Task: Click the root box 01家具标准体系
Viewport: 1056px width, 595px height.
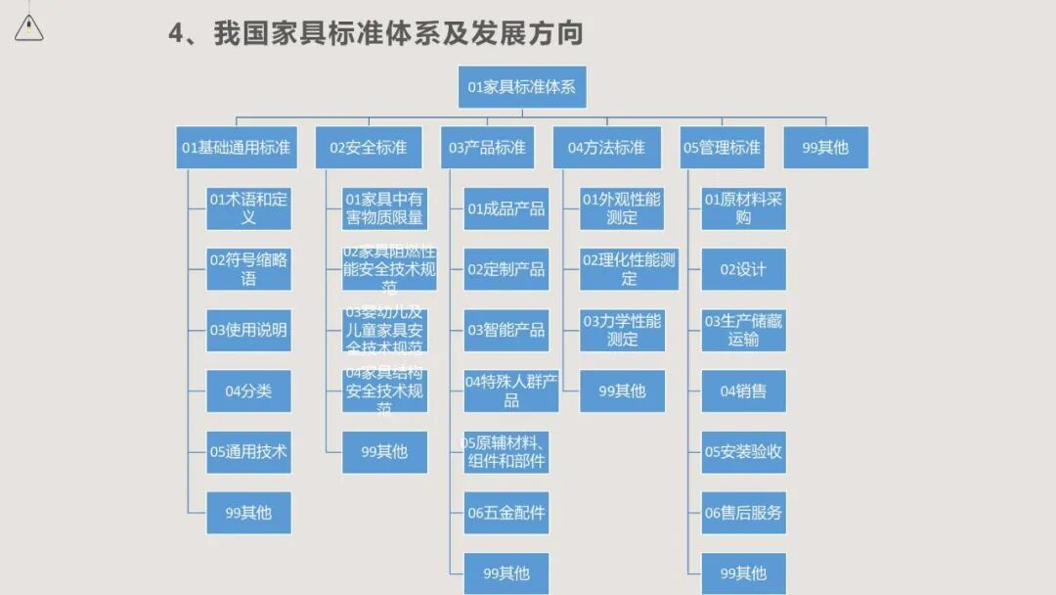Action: click(x=522, y=87)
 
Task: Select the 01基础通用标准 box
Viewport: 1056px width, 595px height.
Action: click(x=236, y=148)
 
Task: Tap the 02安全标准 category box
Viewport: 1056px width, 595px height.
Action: click(x=368, y=148)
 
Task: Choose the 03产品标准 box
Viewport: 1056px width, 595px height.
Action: click(x=487, y=148)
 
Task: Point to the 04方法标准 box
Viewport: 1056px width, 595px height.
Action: click(x=606, y=148)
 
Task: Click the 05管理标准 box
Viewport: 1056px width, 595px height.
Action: click(x=722, y=148)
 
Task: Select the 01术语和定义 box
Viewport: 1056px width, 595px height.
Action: click(x=248, y=208)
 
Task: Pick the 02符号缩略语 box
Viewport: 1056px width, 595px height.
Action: click(x=248, y=269)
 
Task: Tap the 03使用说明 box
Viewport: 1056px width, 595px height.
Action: click(x=248, y=330)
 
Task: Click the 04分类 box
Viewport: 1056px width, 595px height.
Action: click(x=248, y=391)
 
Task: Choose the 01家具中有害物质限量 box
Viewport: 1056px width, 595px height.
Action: click(x=384, y=208)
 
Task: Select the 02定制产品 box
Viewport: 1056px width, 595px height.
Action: click(x=506, y=269)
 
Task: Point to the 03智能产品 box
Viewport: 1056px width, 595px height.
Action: click(x=506, y=330)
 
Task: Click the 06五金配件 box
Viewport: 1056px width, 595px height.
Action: click(x=506, y=513)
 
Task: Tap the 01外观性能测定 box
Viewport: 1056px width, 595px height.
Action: click(x=622, y=208)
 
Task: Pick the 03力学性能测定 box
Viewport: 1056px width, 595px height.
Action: click(x=622, y=330)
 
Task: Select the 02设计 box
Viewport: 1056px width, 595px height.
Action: click(x=743, y=269)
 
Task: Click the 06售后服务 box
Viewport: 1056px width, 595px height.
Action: click(x=743, y=513)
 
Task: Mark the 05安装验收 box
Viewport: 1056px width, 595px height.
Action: click(x=743, y=452)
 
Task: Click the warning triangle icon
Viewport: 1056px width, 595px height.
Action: click(x=29, y=28)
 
